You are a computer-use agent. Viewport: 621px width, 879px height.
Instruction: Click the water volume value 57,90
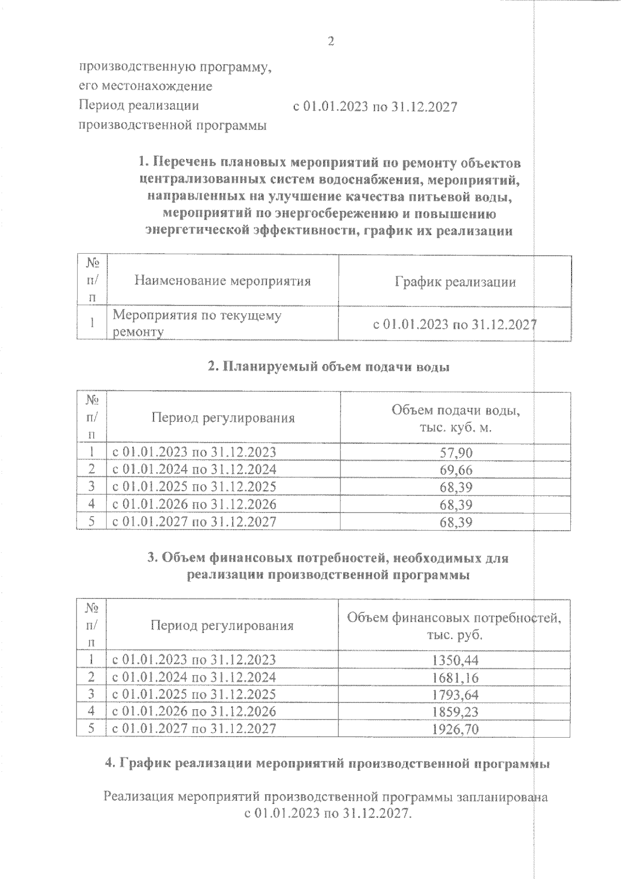(455, 453)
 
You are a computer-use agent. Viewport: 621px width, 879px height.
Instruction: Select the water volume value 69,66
(455, 470)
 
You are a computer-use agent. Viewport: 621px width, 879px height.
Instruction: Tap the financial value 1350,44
(455, 660)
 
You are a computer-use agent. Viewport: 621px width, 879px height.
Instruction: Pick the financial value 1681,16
(455, 677)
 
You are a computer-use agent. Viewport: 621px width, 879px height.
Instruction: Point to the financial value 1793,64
(455, 694)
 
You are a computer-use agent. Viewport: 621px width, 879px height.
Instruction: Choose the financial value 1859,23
(455, 711)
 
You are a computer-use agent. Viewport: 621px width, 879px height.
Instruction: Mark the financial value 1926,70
(455, 729)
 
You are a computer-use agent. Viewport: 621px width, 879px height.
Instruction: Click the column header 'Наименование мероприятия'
(223, 281)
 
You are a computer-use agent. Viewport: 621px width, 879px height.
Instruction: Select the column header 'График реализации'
(455, 282)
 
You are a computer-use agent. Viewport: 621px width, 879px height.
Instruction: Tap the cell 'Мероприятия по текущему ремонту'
(197, 323)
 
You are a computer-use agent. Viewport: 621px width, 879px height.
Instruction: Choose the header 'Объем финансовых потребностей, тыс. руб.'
(454, 626)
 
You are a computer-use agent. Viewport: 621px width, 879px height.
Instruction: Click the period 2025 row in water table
(194, 487)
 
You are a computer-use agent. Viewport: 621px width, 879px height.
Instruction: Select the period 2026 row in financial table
(194, 711)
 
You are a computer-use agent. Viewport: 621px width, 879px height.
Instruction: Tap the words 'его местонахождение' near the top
(145, 85)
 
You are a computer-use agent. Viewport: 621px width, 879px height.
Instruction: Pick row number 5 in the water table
(92, 521)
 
